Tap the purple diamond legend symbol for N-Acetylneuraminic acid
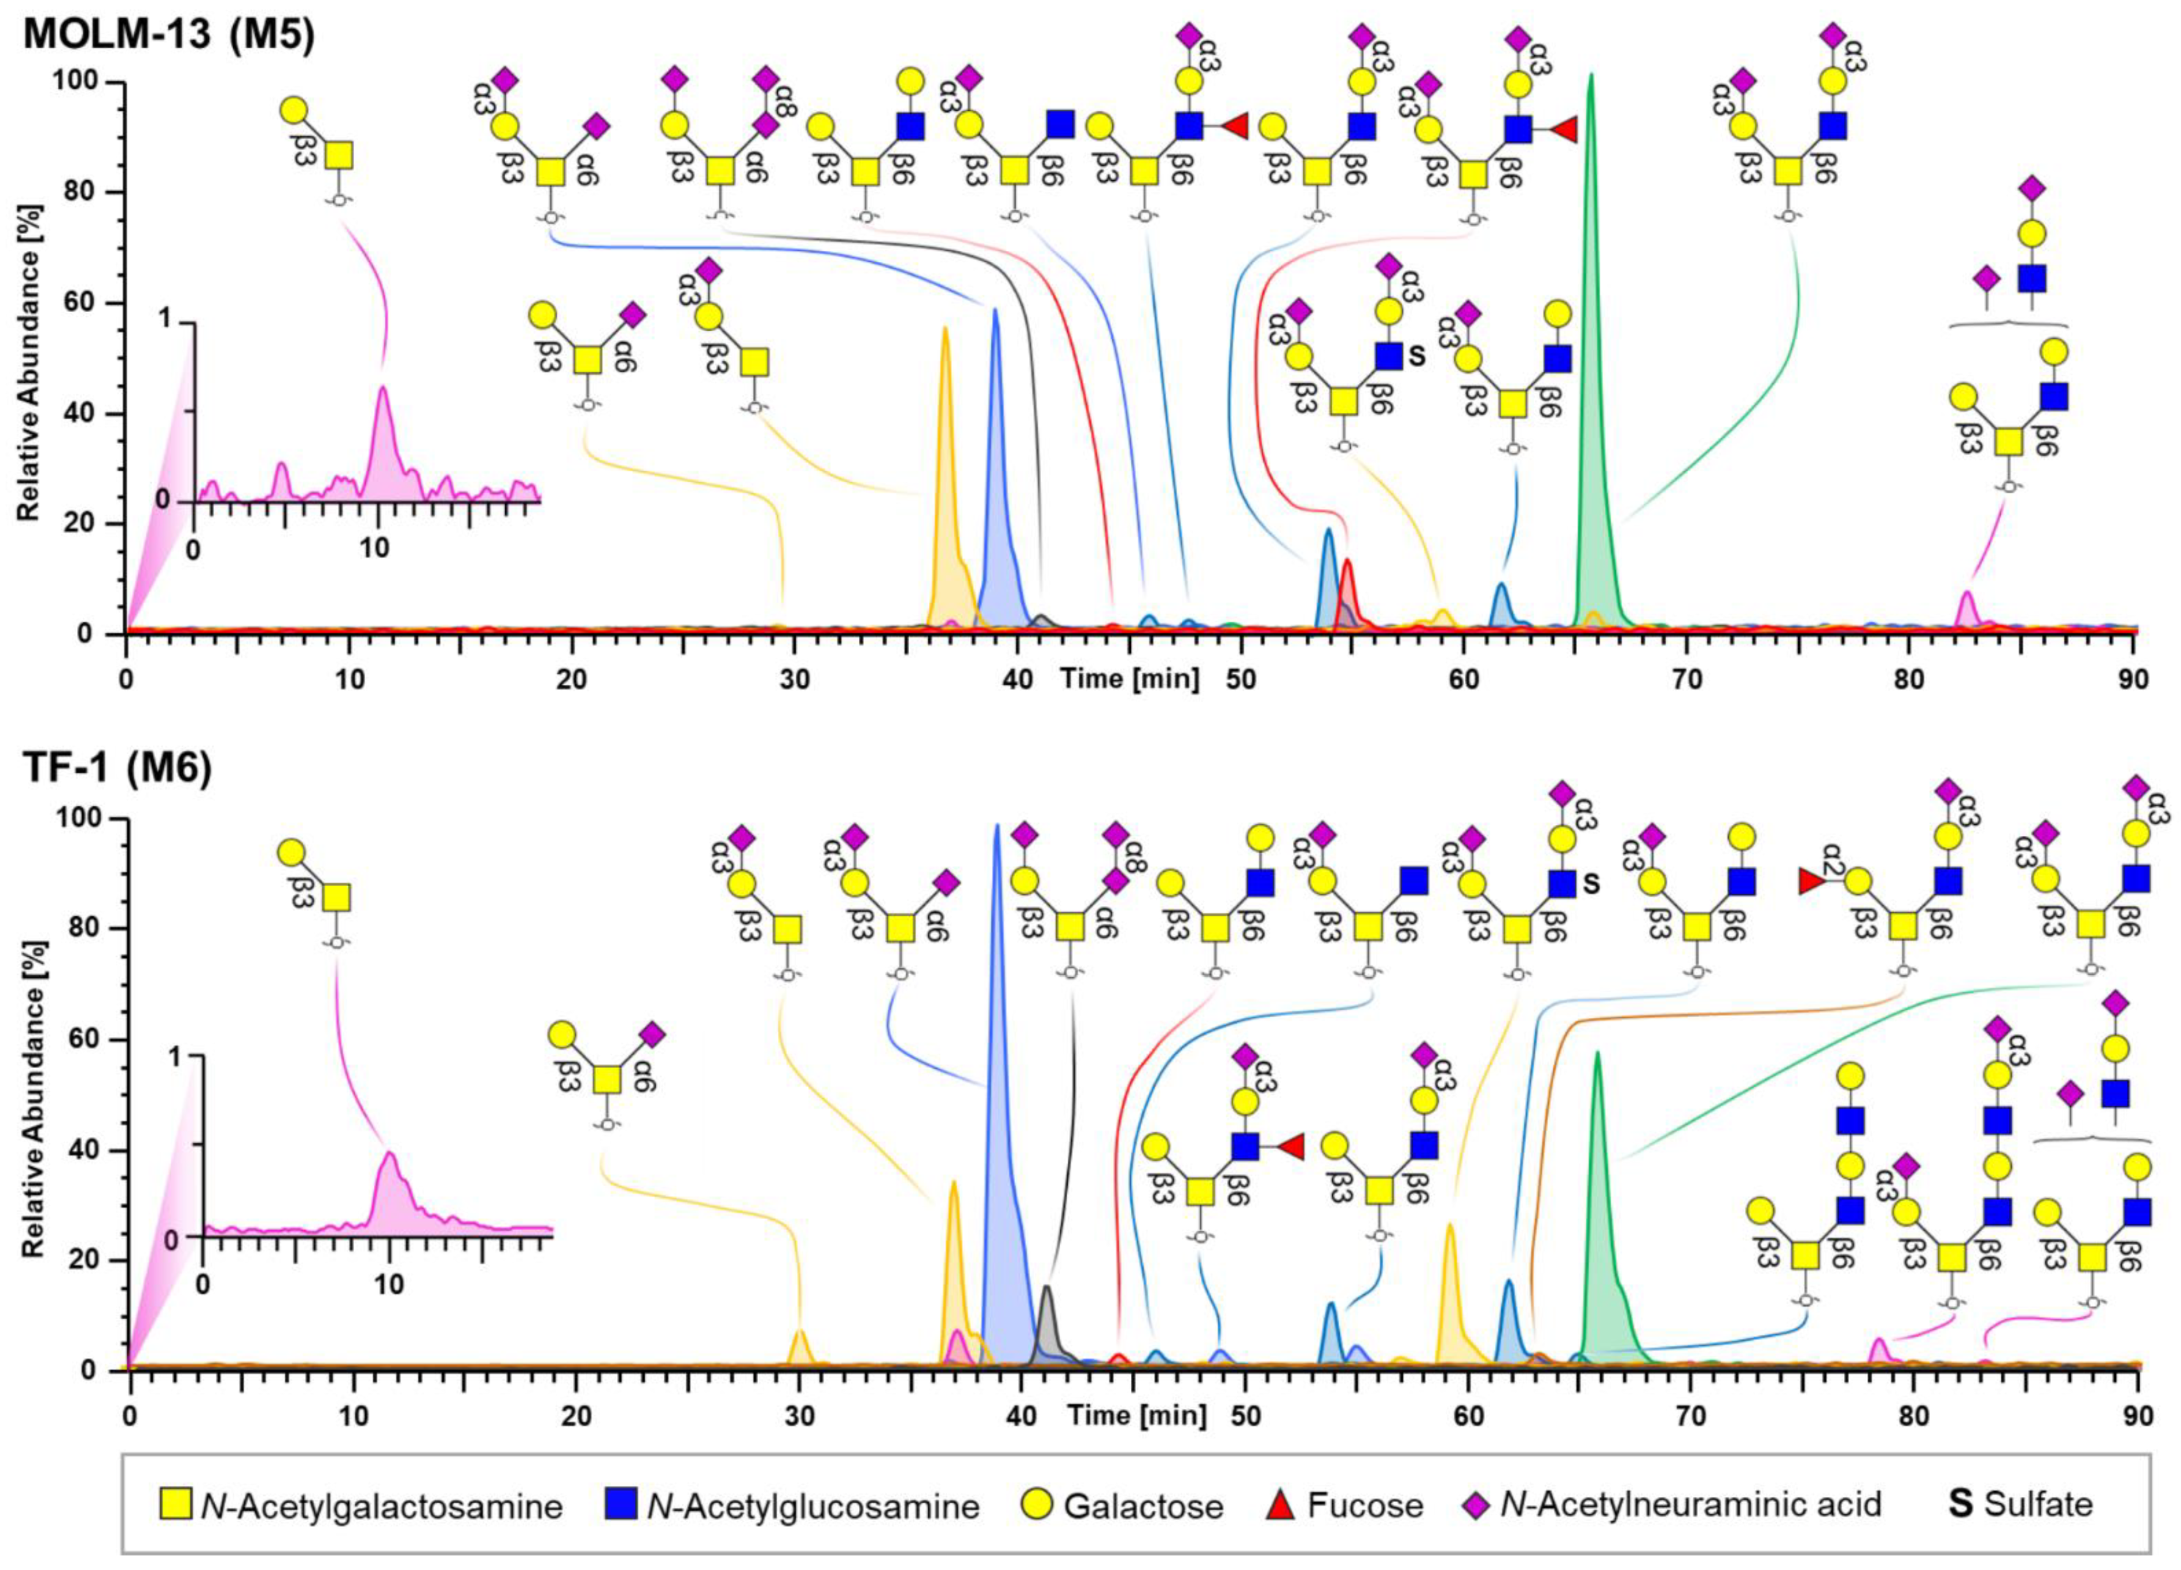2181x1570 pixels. coord(1479,1503)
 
